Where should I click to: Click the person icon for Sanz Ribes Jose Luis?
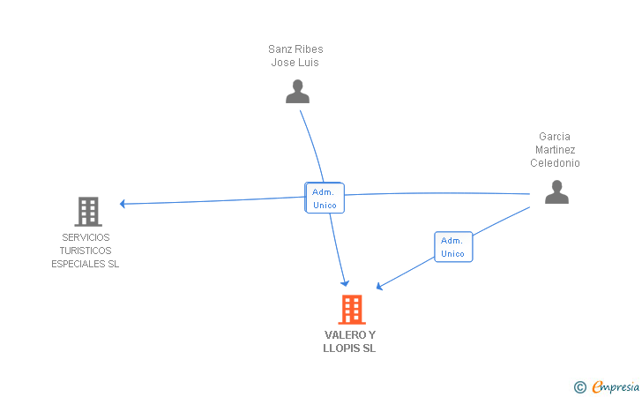pos(297,92)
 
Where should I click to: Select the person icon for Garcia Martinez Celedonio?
pos(556,192)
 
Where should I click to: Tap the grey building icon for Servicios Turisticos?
pos(88,212)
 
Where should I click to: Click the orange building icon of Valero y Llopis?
pos(351,310)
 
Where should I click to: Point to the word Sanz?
pos(280,49)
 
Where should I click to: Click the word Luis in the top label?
pos(309,63)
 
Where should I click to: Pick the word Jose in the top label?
pos(284,63)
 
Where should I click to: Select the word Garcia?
pos(555,137)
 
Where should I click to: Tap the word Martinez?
pos(555,150)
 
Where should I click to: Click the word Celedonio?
pos(555,163)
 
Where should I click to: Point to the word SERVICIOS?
pos(86,237)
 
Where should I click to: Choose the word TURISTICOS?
pos(86,251)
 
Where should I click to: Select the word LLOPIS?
pos(342,348)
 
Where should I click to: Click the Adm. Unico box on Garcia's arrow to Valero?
pos(453,247)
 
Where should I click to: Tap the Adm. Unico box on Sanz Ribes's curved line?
pos(324,198)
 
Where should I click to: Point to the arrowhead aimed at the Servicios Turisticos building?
pos(123,204)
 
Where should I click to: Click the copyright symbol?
pos(579,386)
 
